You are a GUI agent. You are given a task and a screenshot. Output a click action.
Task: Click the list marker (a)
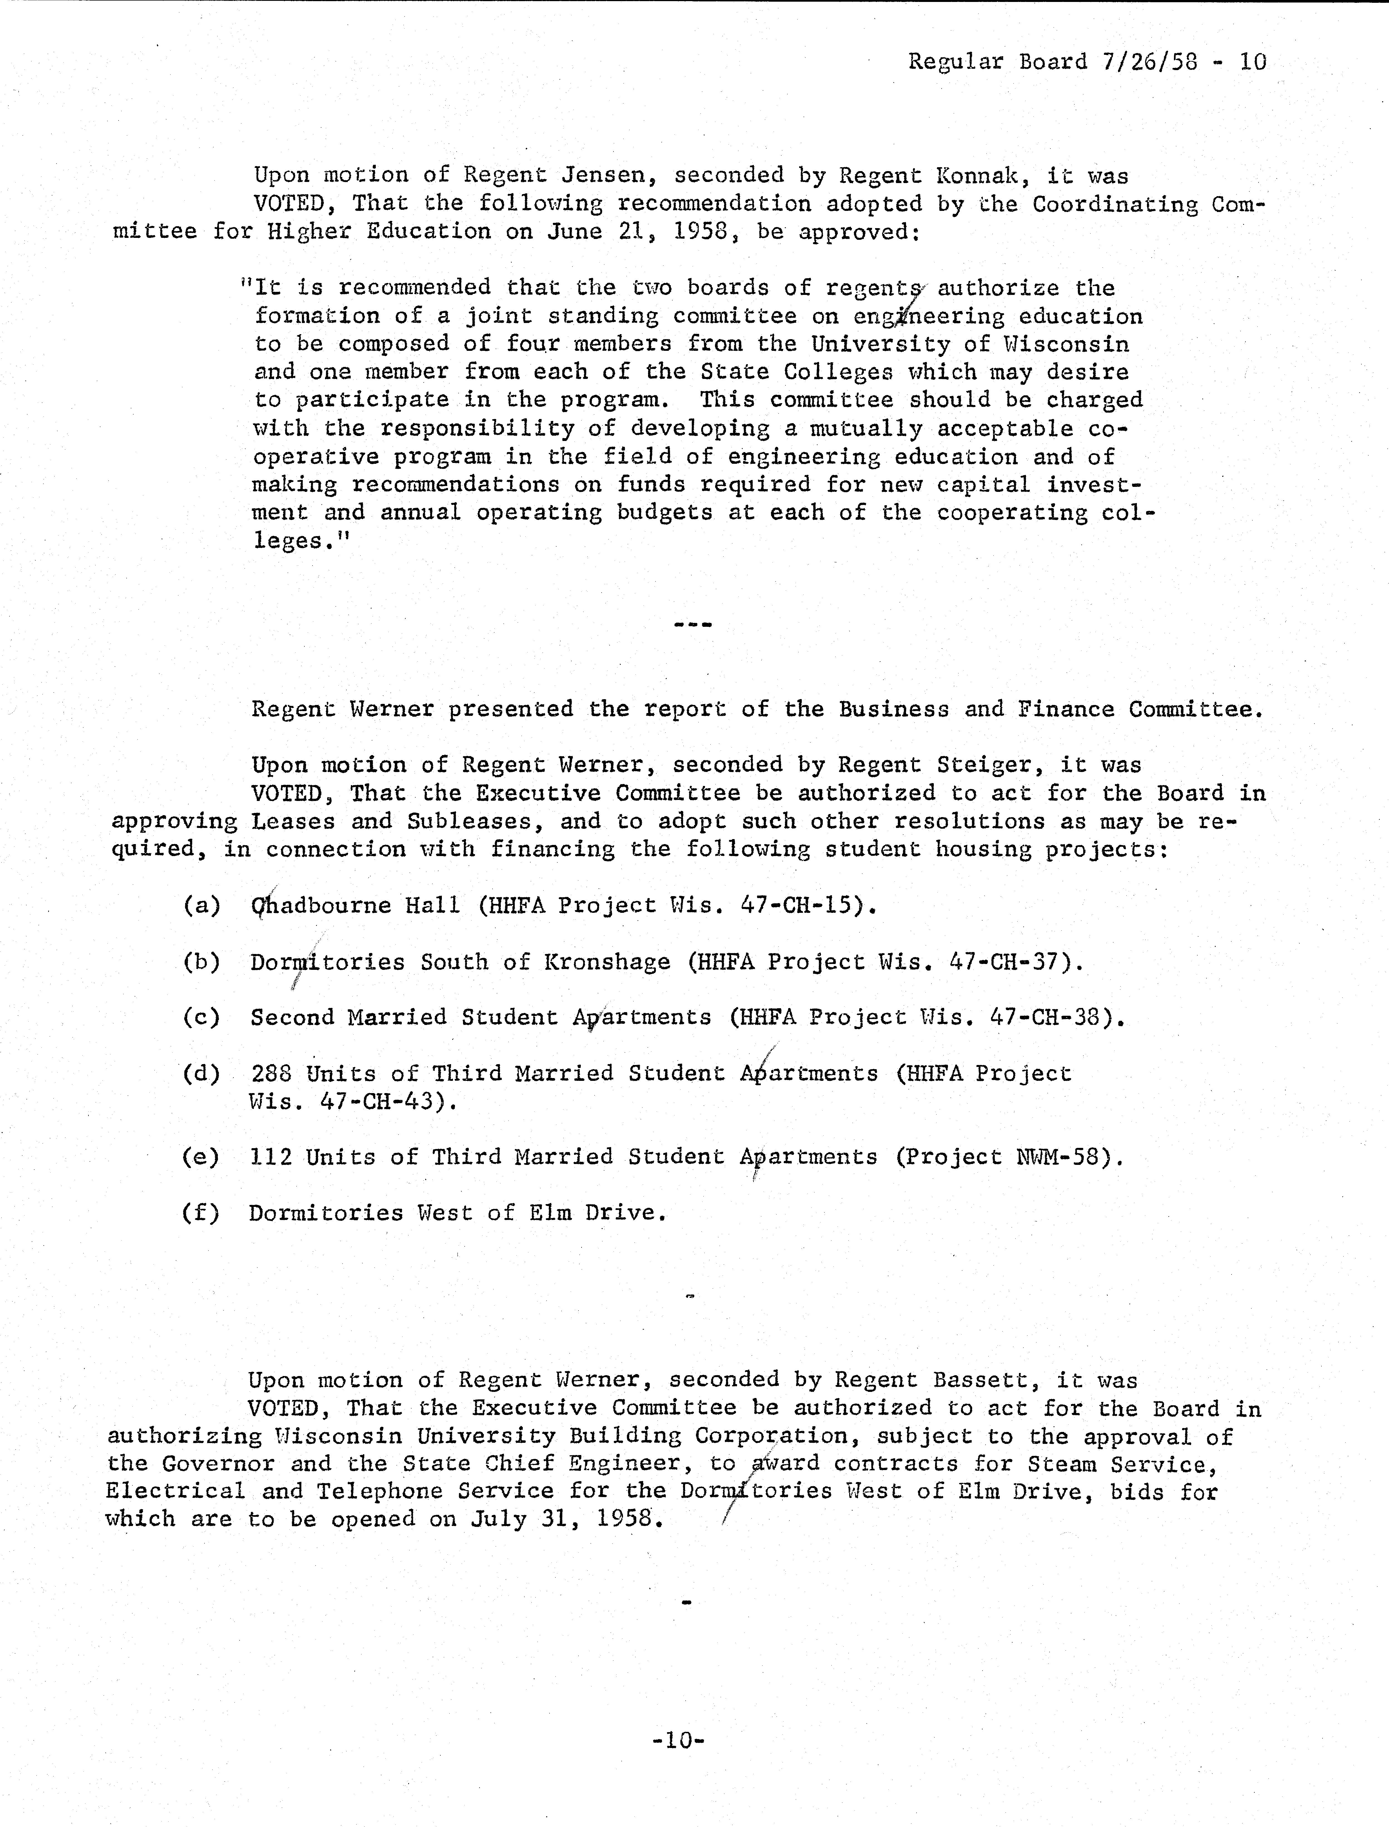(x=202, y=905)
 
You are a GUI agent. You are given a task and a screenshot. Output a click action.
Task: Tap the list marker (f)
(x=201, y=1213)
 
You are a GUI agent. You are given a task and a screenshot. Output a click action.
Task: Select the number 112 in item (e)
(x=270, y=1157)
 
